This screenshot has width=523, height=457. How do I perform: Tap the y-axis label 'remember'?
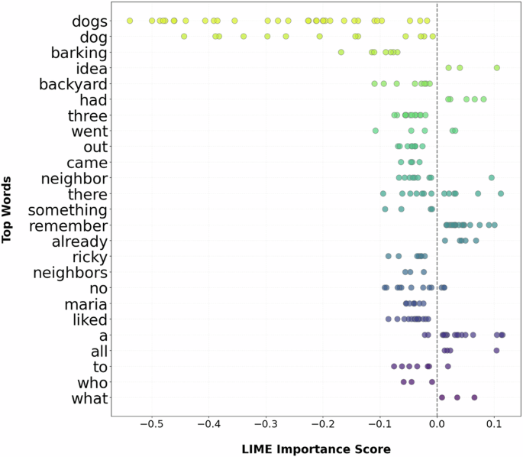[x=68, y=225]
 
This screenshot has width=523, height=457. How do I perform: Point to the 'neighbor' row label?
[x=73, y=178]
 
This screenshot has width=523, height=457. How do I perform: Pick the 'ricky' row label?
[x=89, y=257]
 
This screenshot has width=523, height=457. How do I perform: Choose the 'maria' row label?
[x=86, y=303]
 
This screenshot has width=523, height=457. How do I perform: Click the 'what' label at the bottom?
[x=89, y=397]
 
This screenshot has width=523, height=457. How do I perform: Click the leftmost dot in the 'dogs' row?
[x=129, y=21]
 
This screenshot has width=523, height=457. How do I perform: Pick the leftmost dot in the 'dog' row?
[x=184, y=36]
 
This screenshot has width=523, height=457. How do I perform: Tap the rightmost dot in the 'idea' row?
[x=497, y=68]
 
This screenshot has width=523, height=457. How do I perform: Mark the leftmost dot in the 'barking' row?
[x=341, y=52]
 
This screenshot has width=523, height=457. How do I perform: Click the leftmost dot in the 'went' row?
[x=376, y=131]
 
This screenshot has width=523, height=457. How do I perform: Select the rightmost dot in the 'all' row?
[x=497, y=351]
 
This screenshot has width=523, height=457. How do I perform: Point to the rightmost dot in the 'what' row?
[x=474, y=397]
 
